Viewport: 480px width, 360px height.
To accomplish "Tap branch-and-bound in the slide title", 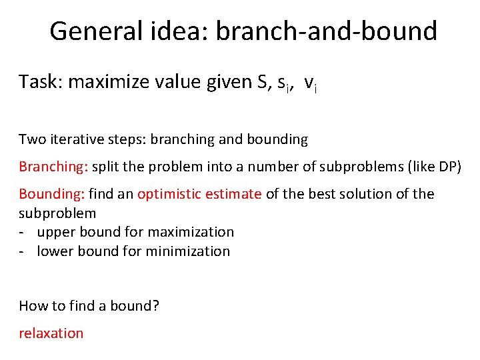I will tap(327, 31).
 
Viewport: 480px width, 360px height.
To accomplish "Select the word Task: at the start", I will tap(41, 82).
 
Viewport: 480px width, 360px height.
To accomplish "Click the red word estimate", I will tap(234, 194).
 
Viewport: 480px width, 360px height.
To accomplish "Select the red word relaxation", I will tap(51, 333).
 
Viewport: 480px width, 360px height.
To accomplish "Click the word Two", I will tap(31, 139).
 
